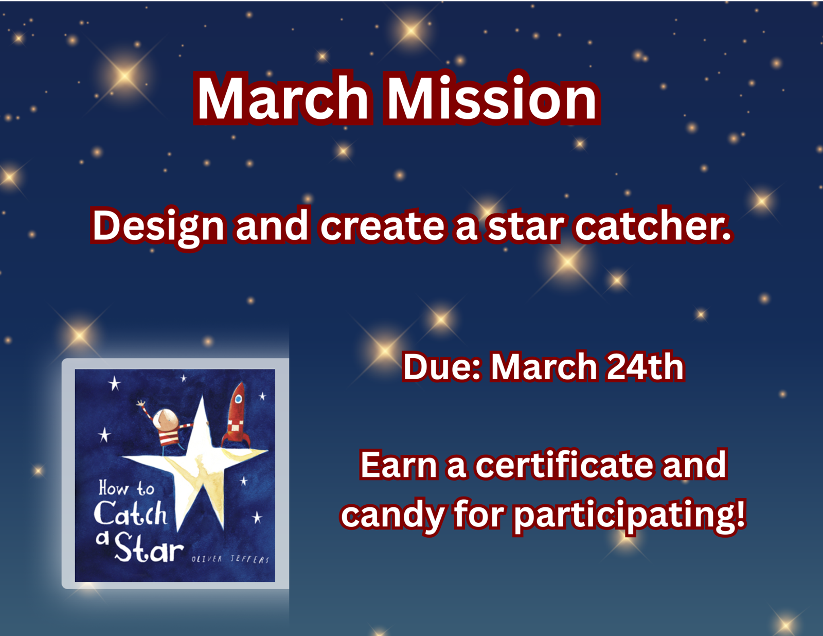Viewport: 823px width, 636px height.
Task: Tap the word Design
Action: (158, 226)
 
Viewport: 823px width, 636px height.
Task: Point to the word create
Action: (382, 226)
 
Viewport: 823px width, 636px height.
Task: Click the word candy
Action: (392, 515)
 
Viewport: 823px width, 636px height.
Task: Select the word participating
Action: (629, 515)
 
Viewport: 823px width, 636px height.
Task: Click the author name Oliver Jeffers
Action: (230, 559)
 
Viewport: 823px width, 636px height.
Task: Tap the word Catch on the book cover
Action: (130, 514)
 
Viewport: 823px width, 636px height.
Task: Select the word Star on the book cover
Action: (148, 548)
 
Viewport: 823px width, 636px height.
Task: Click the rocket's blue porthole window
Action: (238, 399)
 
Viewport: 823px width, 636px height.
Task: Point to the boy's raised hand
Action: (140, 404)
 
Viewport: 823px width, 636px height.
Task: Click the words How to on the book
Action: (126, 488)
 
